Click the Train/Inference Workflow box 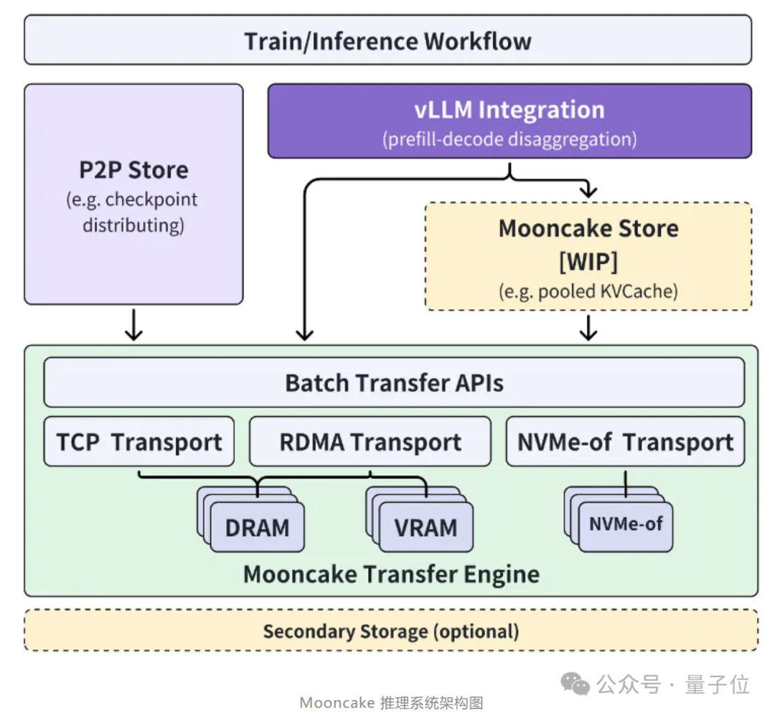pyautogui.click(x=388, y=40)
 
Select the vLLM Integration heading pyautogui.click(x=509, y=110)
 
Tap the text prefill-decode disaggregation pyautogui.click(x=509, y=139)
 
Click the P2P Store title pyautogui.click(x=134, y=170)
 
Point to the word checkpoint pyautogui.click(x=151, y=199)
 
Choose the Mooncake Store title pyautogui.click(x=588, y=228)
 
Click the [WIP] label pyautogui.click(x=588, y=261)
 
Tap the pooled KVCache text pyautogui.click(x=608, y=291)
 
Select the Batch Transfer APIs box pyautogui.click(x=394, y=382)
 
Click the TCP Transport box pyautogui.click(x=139, y=441)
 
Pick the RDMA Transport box pyautogui.click(x=370, y=441)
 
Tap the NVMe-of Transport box pyautogui.click(x=625, y=441)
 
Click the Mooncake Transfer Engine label pyautogui.click(x=392, y=574)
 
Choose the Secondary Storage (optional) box pyautogui.click(x=391, y=630)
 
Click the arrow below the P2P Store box pyautogui.click(x=133, y=325)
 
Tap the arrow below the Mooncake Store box pyautogui.click(x=588, y=328)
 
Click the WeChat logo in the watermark pyautogui.click(x=575, y=684)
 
